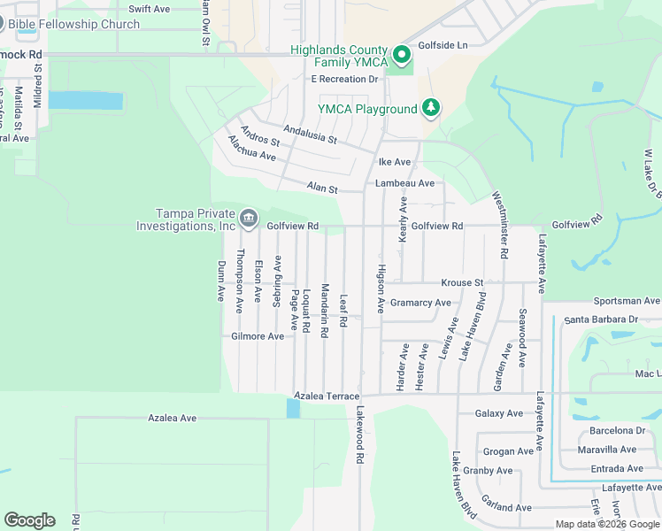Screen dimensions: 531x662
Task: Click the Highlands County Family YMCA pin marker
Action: (402, 56)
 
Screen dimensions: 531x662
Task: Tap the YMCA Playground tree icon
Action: (431, 108)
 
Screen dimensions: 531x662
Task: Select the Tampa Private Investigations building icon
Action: (249, 217)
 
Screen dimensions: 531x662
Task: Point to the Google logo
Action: (29, 519)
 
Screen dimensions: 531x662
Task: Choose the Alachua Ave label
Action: (251, 149)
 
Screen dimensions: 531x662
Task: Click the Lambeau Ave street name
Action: (404, 183)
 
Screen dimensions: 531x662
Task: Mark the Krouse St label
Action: (463, 283)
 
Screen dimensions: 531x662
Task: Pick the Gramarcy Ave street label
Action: (420, 303)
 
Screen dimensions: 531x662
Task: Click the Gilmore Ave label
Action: (258, 336)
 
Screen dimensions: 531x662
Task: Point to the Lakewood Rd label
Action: (360, 436)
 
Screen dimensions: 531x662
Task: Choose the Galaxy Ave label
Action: (499, 413)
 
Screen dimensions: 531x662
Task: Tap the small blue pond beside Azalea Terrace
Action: (293, 408)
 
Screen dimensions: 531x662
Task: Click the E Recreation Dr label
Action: (344, 79)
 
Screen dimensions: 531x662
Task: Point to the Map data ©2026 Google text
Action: (607, 524)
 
